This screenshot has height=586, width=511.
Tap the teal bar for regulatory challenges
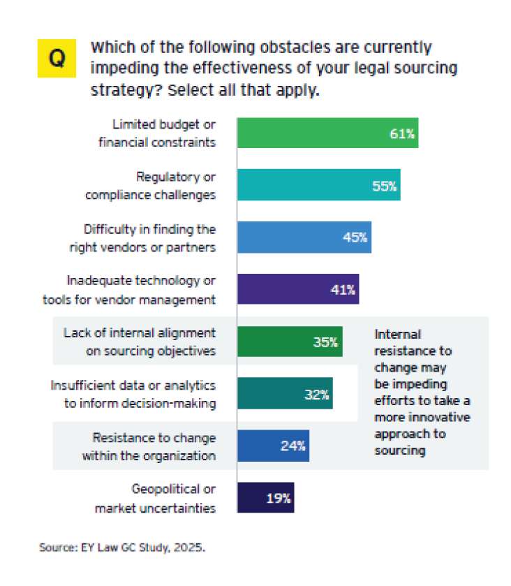pos(318,185)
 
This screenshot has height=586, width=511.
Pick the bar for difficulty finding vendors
pos(304,237)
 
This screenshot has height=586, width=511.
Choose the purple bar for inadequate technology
pos(297,288)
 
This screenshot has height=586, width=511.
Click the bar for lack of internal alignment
pos(289,342)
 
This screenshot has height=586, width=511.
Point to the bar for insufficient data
pos(285,393)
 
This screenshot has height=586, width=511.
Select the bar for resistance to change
pos(273,446)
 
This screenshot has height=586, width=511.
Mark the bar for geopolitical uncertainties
pos(265,497)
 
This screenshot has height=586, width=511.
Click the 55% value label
pos(384,186)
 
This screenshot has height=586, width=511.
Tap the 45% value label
pos(355,237)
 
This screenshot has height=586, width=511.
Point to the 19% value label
pos(278,498)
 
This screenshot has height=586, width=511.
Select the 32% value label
pos(316,394)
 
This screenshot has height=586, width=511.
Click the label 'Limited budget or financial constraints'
pos(165,133)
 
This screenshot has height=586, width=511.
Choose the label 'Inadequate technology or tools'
pos(141,289)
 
